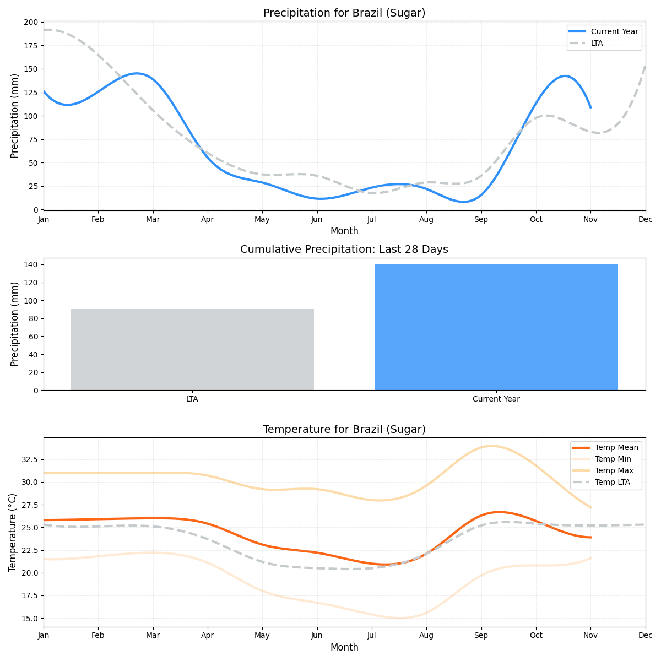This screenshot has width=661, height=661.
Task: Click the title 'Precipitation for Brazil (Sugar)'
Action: [x=344, y=13]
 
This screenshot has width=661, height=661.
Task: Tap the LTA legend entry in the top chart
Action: [x=597, y=43]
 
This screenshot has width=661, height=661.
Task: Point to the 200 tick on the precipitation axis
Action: [x=31, y=22]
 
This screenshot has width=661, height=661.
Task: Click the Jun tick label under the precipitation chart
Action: [x=317, y=219]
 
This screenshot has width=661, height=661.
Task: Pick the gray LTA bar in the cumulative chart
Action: [x=192, y=349]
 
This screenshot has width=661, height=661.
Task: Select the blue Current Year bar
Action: [x=496, y=327]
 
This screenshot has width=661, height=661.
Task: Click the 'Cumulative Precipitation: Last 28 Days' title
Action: [x=344, y=250]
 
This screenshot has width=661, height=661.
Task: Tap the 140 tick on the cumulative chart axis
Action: [x=31, y=265]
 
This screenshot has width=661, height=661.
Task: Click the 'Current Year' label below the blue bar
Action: [x=496, y=399]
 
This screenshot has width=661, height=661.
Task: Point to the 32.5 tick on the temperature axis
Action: [x=28, y=459]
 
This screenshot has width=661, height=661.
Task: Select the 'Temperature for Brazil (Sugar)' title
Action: [x=344, y=430]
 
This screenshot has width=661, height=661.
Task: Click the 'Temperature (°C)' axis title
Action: [x=13, y=532]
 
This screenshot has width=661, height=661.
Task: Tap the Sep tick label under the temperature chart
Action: [x=481, y=636]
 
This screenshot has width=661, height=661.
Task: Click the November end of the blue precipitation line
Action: [x=590, y=107]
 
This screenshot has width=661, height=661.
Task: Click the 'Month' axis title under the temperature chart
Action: [x=344, y=647]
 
